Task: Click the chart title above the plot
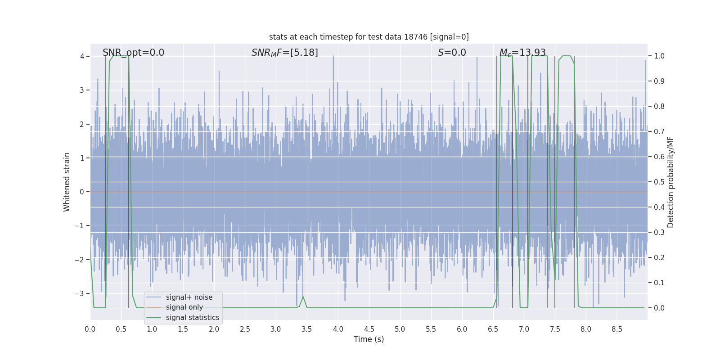click(x=369, y=37)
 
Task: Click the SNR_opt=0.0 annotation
click(x=133, y=53)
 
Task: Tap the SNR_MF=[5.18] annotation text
click(x=284, y=53)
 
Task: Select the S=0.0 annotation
click(x=452, y=53)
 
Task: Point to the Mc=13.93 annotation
click(x=522, y=53)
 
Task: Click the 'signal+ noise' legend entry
click(x=189, y=297)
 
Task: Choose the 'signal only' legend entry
click(x=184, y=307)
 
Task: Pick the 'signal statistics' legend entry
click(x=192, y=318)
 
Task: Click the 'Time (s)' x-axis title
click(x=369, y=339)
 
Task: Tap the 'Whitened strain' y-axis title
click(x=67, y=182)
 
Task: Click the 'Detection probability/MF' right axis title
click(x=670, y=182)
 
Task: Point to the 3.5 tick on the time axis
click(x=307, y=329)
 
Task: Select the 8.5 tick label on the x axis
click(x=616, y=329)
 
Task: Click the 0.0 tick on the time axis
click(x=90, y=329)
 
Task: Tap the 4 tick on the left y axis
click(x=82, y=56)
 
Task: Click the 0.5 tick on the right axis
click(x=659, y=182)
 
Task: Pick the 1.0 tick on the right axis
click(x=659, y=56)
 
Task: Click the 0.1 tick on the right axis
click(x=659, y=283)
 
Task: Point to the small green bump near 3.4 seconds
click(x=303, y=297)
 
